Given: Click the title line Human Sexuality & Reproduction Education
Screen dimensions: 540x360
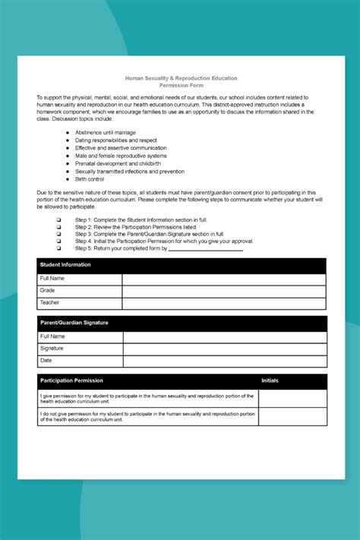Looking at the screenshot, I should pyautogui.click(x=182, y=78).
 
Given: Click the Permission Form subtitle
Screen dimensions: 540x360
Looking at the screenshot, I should pyautogui.click(x=182, y=85).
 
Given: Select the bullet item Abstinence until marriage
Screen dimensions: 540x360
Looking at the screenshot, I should pyautogui.click(x=106, y=133).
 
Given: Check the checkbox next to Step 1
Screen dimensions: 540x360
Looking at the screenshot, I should pyautogui.click(x=58, y=219).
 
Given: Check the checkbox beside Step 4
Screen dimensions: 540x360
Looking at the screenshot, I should pyautogui.click(x=58, y=241).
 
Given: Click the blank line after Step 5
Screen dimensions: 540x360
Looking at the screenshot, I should pyautogui.click(x=205, y=248).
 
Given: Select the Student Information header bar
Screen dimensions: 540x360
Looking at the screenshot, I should pyautogui.click(x=182, y=265).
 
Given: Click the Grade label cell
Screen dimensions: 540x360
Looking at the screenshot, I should pyautogui.click(x=80, y=290).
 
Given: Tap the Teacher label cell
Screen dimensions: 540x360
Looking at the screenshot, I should pyautogui.click(x=80, y=302).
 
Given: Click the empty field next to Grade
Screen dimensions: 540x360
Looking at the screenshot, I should pyautogui.click(x=224, y=290).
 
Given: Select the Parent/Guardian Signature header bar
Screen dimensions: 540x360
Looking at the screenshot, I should pyautogui.click(x=182, y=323).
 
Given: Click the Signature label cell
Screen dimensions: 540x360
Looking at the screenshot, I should pyautogui.click(x=80, y=348).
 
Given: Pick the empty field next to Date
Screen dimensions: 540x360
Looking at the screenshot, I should pyautogui.click(x=224, y=361).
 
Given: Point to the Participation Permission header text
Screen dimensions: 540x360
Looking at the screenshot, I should pyautogui.click(x=71, y=381).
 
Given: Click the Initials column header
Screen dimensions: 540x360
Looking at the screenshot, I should pyautogui.click(x=270, y=381).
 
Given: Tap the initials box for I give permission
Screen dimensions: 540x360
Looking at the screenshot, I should pyautogui.click(x=292, y=398).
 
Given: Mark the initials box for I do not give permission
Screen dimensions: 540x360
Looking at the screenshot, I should pyautogui.click(x=292, y=416).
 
